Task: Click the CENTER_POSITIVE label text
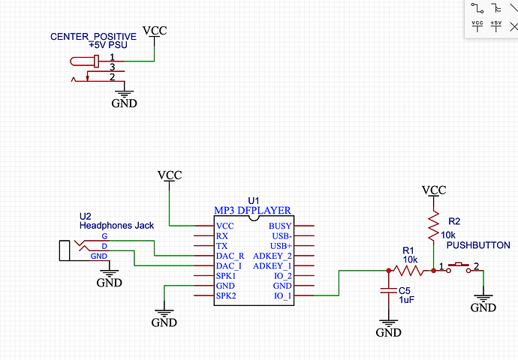93,36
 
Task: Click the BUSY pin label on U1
280,226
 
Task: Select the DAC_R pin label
229,256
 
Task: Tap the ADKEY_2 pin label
272,256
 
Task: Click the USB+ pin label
280,245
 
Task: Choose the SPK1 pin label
226,275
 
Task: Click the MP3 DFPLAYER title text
252,210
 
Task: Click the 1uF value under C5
406,299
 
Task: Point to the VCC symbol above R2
433,190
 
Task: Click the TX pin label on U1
221,245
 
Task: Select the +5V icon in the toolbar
495,24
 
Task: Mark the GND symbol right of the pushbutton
483,303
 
